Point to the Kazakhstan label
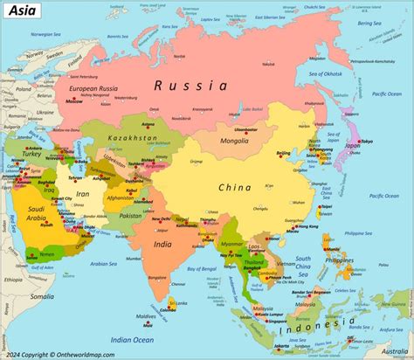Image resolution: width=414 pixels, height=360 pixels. [x=133, y=138]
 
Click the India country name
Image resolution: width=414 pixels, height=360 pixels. [x=162, y=244]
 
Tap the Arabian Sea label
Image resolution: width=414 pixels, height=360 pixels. [x=102, y=263]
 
